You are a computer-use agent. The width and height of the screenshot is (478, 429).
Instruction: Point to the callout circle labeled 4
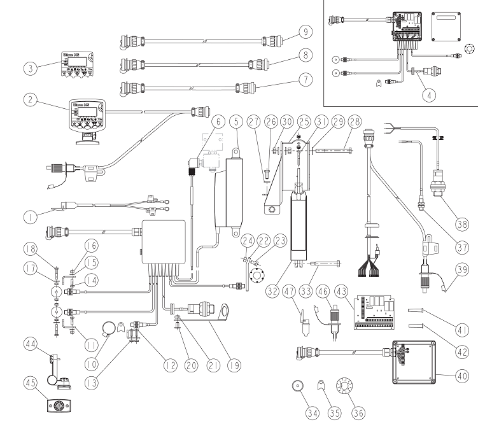[431, 95]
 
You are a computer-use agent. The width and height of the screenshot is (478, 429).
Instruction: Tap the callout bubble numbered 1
[27, 216]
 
